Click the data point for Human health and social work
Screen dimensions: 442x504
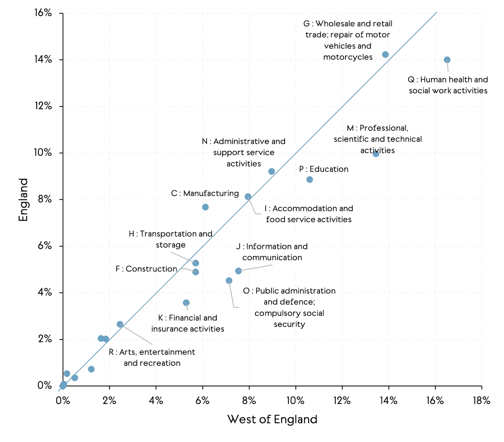(x=447, y=60)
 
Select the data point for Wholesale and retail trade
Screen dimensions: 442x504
(x=385, y=54)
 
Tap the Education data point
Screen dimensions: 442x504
(x=310, y=180)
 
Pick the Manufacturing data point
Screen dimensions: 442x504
(x=205, y=207)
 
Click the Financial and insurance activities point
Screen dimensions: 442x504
(x=186, y=303)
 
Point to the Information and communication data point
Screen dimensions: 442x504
(x=238, y=271)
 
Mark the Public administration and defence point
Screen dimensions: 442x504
(x=229, y=281)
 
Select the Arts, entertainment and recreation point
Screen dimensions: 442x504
(x=120, y=324)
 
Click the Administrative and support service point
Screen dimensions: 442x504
(x=272, y=171)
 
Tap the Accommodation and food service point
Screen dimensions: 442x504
(x=248, y=197)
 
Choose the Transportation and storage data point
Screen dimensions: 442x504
(x=196, y=263)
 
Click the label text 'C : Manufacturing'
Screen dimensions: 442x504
(x=205, y=193)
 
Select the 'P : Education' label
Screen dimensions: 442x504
(x=324, y=169)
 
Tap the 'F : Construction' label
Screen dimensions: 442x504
(x=146, y=269)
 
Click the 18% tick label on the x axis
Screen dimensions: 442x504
(x=481, y=401)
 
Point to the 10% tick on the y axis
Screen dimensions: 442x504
(x=43, y=152)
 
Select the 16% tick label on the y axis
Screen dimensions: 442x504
(x=43, y=13)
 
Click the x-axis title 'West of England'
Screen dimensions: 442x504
(x=272, y=419)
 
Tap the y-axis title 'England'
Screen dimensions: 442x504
(x=24, y=200)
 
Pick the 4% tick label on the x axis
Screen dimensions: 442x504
(x=156, y=401)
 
